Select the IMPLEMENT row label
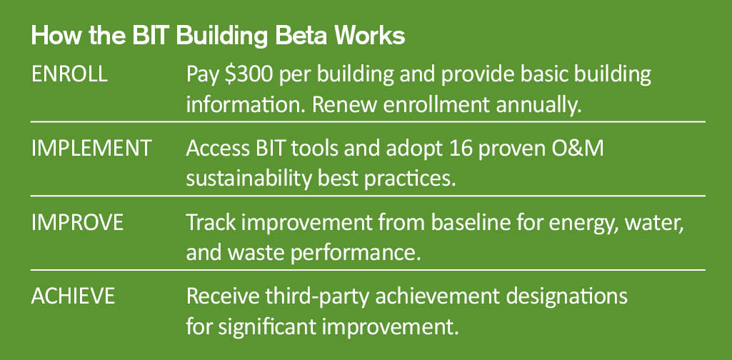tap(91, 149)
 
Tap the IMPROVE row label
tap(78, 223)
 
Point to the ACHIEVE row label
tap(73, 296)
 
